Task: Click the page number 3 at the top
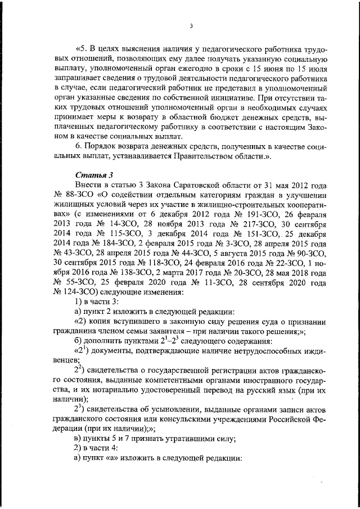[191, 26]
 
